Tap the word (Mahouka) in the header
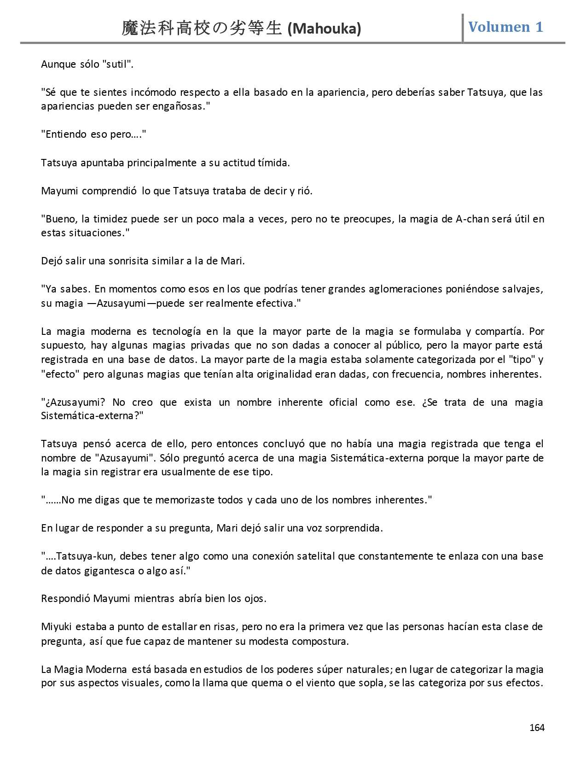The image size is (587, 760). [x=324, y=29]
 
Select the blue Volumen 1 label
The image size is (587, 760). [x=506, y=27]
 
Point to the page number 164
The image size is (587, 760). [x=537, y=728]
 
